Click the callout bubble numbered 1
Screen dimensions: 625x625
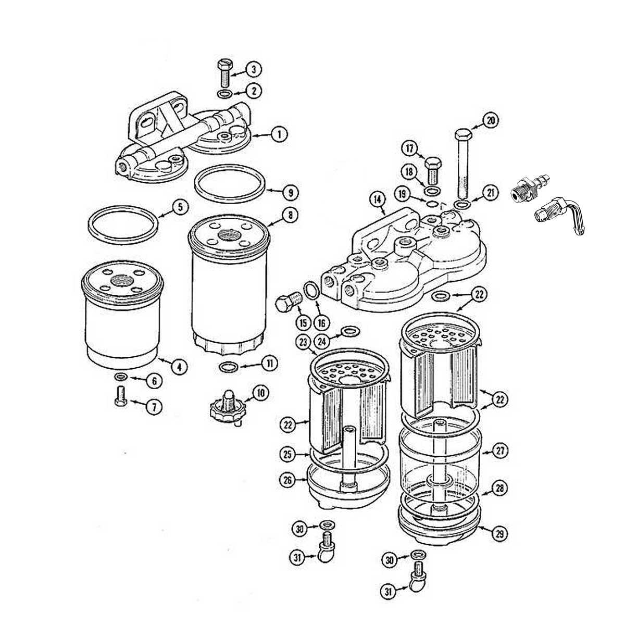click(x=279, y=134)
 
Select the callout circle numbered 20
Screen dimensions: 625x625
click(x=490, y=121)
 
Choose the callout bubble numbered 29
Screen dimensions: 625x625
click(x=499, y=534)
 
